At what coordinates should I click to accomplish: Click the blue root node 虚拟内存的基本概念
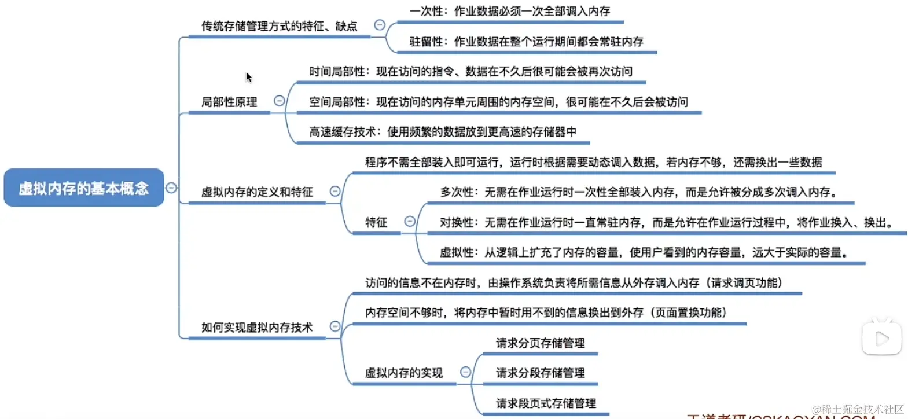84,188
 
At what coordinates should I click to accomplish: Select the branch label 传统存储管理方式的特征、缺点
279,26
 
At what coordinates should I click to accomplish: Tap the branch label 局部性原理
229,102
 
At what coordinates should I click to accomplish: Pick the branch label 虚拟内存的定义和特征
257,192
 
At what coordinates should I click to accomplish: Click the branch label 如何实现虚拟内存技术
257,327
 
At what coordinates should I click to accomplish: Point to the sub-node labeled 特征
376,222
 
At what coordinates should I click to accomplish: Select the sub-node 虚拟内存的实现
403,373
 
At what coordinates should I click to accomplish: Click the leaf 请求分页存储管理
540,343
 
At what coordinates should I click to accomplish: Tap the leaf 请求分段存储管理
540,373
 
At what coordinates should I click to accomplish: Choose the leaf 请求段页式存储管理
546,403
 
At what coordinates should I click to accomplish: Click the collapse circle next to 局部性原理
280,101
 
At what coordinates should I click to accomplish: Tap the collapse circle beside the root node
171,188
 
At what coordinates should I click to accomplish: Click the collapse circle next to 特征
410,221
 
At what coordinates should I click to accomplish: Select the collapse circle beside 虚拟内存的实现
465,372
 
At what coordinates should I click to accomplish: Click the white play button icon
881,339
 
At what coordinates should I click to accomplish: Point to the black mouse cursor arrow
248,77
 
